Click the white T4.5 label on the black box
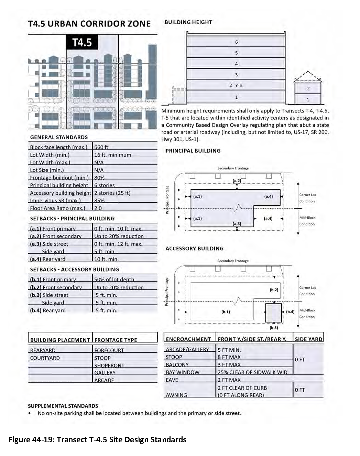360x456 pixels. point(82,43)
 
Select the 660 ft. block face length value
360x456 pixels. point(102,147)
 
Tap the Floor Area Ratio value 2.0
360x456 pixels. point(98,208)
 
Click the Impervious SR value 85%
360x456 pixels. point(99,201)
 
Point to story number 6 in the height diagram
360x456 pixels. point(236,42)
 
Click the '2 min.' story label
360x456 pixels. point(236,85)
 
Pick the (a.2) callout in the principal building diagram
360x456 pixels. point(237,181)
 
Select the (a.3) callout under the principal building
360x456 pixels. point(237,224)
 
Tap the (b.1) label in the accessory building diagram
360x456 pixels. point(226,312)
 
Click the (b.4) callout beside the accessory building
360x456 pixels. point(290,312)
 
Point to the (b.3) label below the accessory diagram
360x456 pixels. point(274,328)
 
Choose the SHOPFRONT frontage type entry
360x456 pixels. point(109,365)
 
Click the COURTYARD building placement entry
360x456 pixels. point(45,358)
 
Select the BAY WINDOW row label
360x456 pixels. point(183,372)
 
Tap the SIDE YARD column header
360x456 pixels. point(308,339)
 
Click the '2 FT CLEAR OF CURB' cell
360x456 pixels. point(242,388)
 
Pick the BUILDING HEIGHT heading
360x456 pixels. point(188,22)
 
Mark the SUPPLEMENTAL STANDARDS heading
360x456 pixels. point(63,406)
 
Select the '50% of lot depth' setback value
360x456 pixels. point(114,279)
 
